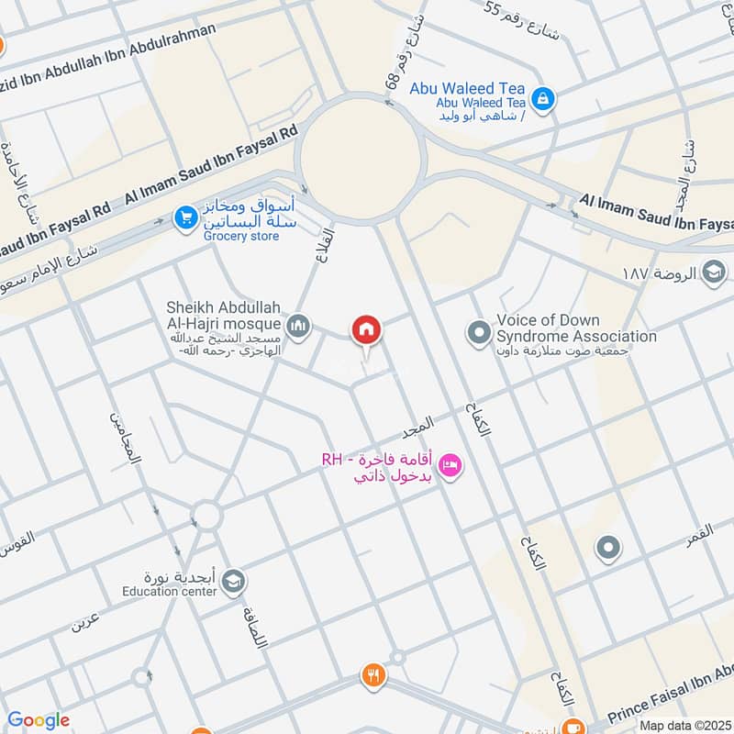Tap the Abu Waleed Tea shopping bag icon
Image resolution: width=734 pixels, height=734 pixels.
pyautogui.click(x=543, y=96)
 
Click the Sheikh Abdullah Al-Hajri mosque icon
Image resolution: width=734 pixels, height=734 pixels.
pyautogui.click(x=298, y=325)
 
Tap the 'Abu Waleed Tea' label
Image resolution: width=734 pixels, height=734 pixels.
pyautogui.click(x=481, y=89)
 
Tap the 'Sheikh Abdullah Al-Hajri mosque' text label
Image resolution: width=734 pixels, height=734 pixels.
pyautogui.click(x=224, y=315)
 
